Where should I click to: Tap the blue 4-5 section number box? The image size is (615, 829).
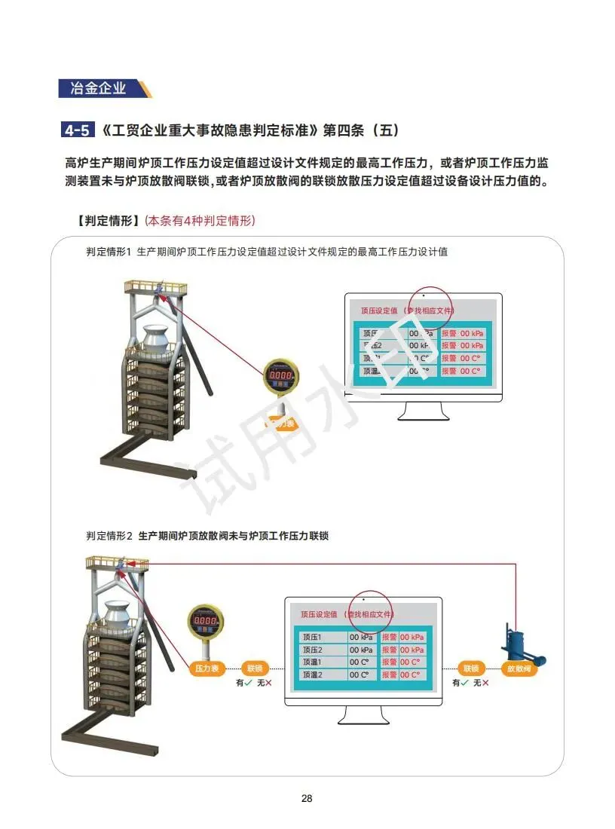pyautogui.click(x=78, y=130)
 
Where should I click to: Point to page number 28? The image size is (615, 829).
pyautogui.click(x=307, y=799)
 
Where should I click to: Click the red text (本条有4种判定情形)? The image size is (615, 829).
pyautogui.click(x=200, y=221)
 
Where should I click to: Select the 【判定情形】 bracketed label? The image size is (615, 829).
pyautogui.click(x=108, y=221)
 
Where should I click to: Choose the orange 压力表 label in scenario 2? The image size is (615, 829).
pyautogui.click(x=207, y=668)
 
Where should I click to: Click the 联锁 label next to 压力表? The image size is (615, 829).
pyautogui.click(x=255, y=668)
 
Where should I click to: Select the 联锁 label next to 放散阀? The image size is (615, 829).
pyautogui.click(x=471, y=668)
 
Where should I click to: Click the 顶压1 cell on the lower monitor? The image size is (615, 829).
pyautogui.click(x=322, y=637)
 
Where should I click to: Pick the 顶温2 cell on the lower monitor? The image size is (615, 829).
pyautogui.click(x=322, y=675)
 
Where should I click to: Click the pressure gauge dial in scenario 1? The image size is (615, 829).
pyautogui.click(x=281, y=375)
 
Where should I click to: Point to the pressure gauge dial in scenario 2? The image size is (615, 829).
pyautogui.click(x=207, y=621)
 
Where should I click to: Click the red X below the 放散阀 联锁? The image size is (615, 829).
pyautogui.click(x=485, y=683)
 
